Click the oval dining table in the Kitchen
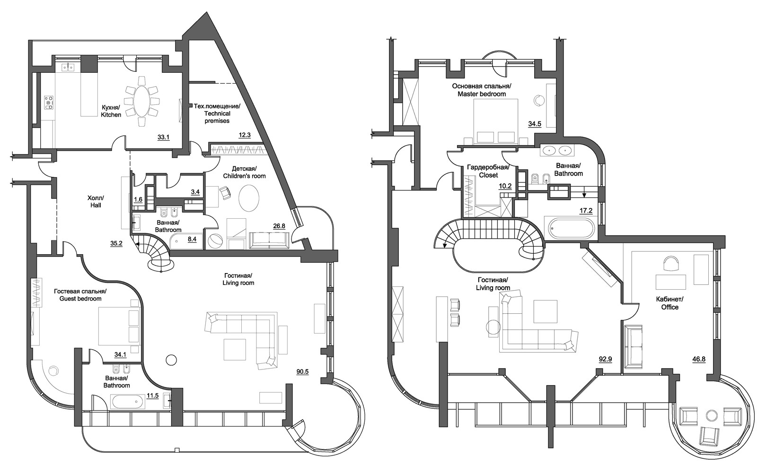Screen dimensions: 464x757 141,101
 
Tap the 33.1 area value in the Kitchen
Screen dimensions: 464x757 163,137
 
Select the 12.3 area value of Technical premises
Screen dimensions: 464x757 244,135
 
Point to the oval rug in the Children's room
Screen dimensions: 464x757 249,198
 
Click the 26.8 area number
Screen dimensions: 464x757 279,226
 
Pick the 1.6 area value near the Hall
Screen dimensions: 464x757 138,199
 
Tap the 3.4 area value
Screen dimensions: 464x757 195,192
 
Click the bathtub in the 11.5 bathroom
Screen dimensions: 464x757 127,402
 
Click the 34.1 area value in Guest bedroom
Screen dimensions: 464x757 120,354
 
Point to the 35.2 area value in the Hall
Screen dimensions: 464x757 116,243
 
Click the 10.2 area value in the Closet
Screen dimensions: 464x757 505,186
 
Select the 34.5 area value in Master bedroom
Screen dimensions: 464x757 535,124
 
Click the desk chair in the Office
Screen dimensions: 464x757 670,263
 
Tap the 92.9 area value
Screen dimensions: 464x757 605,359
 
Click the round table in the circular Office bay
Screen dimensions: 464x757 712,416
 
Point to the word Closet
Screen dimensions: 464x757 488,175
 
